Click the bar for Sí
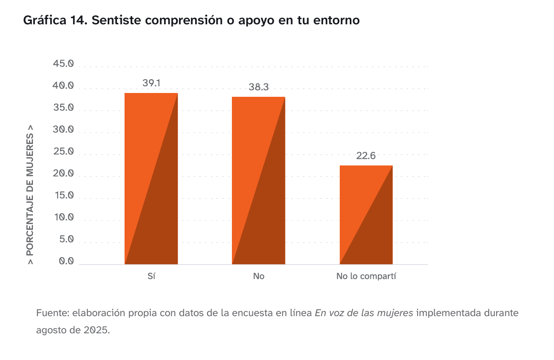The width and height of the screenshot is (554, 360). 151,179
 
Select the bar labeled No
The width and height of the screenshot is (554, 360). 258,181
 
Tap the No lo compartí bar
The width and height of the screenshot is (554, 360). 366,215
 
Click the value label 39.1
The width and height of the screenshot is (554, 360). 151,83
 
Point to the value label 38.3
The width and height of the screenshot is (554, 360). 259,87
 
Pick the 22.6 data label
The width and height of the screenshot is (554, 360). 366,156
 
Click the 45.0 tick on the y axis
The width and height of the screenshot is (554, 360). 63,64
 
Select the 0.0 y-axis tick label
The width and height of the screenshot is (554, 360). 65,261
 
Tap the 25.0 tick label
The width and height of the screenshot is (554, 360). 63,152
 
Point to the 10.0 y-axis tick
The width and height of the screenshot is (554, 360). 63,217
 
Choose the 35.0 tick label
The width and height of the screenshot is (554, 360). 63,108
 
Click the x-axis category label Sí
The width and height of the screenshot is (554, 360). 151,276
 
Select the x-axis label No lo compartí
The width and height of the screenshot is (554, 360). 366,276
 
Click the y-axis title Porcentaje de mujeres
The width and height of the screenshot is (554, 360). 31,195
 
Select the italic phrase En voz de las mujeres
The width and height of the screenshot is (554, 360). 364,313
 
